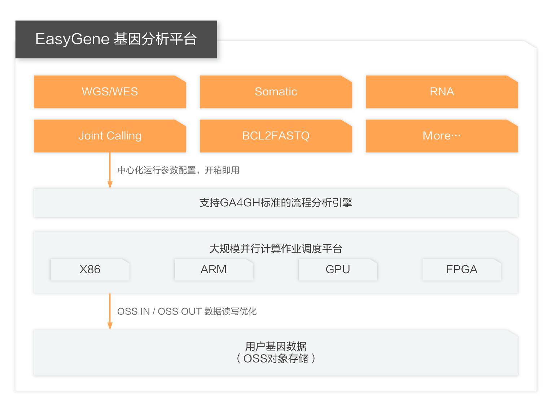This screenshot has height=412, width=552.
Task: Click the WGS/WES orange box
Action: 110,92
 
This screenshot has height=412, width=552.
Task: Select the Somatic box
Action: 276,92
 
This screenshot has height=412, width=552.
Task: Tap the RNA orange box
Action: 442,92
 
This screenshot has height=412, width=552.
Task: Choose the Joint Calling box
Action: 110,136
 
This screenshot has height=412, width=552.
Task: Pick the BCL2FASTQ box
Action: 276,136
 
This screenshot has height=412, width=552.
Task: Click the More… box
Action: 442,136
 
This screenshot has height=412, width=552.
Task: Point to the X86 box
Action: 90,270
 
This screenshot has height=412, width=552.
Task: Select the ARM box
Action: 214,270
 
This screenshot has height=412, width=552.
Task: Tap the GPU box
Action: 338,270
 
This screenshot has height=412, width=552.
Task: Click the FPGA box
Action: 462,270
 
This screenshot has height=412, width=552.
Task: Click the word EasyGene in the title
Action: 73,39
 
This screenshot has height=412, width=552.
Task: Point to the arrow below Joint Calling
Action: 110,170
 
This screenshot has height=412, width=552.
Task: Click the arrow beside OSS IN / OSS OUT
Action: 110,312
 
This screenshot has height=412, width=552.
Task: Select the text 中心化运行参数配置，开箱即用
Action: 178,170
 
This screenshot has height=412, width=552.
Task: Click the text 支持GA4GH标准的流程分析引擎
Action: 276,202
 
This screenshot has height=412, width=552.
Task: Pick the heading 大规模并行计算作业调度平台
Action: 276,249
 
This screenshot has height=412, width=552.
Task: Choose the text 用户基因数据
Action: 276,346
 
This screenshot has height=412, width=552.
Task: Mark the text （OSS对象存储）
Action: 276,359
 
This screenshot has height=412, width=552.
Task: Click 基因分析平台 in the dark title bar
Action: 155,39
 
